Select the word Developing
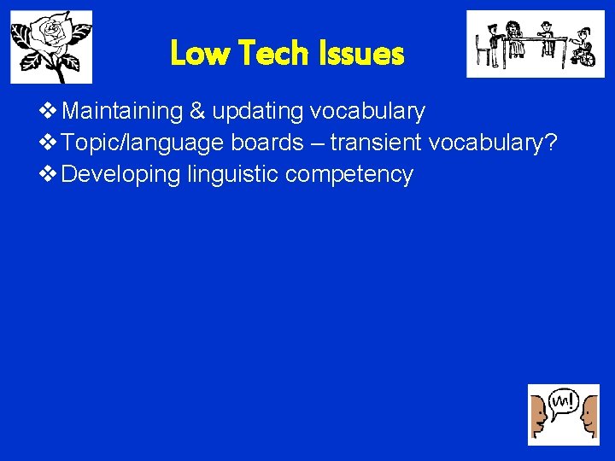(121, 175)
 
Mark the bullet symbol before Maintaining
(49, 112)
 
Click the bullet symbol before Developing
(49, 175)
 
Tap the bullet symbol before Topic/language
(49, 143)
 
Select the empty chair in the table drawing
(485, 50)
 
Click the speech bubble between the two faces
(564, 401)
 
